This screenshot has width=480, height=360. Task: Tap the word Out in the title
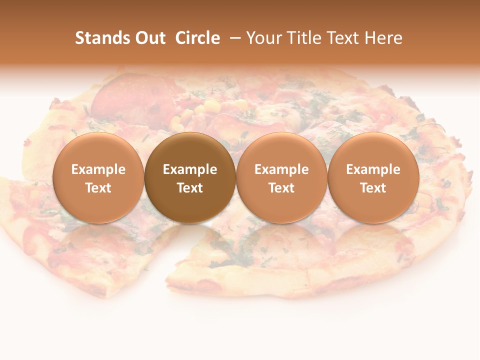click(149, 38)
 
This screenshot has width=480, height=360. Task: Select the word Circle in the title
click(197, 38)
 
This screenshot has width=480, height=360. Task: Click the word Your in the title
click(263, 38)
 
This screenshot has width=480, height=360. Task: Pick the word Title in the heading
click(302, 38)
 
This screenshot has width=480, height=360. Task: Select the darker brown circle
click(190, 177)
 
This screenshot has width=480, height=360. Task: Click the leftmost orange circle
click(98, 177)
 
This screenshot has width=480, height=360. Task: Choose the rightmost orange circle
click(373, 177)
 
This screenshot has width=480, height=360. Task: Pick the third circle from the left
click(281, 177)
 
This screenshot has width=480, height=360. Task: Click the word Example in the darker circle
click(190, 169)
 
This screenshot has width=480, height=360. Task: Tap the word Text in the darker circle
click(190, 188)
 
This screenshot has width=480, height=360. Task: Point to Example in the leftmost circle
click(98, 169)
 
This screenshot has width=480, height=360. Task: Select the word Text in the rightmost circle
click(373, 188)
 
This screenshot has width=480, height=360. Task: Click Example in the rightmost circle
click(373, 169)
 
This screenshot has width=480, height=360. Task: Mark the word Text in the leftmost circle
click(98, 188)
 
